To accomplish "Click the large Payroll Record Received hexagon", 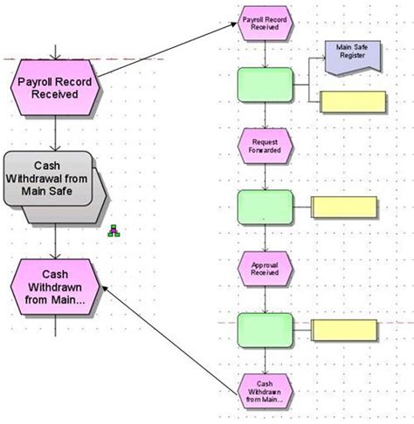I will pyautogui.click(x=55, y=88).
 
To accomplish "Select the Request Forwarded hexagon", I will pyautogui.click(x=265, y=145).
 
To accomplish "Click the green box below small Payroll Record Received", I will pyautogui.click(x=265, y=85).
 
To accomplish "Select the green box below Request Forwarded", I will pyautogui.click(x=265, y=208).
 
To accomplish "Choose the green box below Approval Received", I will pyautogui.click(x=265, y=329).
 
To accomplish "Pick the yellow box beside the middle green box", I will pyautogui.click(x=345, y=208).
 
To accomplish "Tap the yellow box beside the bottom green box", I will pyautogui.click(x=345, y=330).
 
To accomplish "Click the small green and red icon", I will pyautogui.click(x=113, y=232).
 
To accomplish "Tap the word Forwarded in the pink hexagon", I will pyautogui.click(x=265, y=150).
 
